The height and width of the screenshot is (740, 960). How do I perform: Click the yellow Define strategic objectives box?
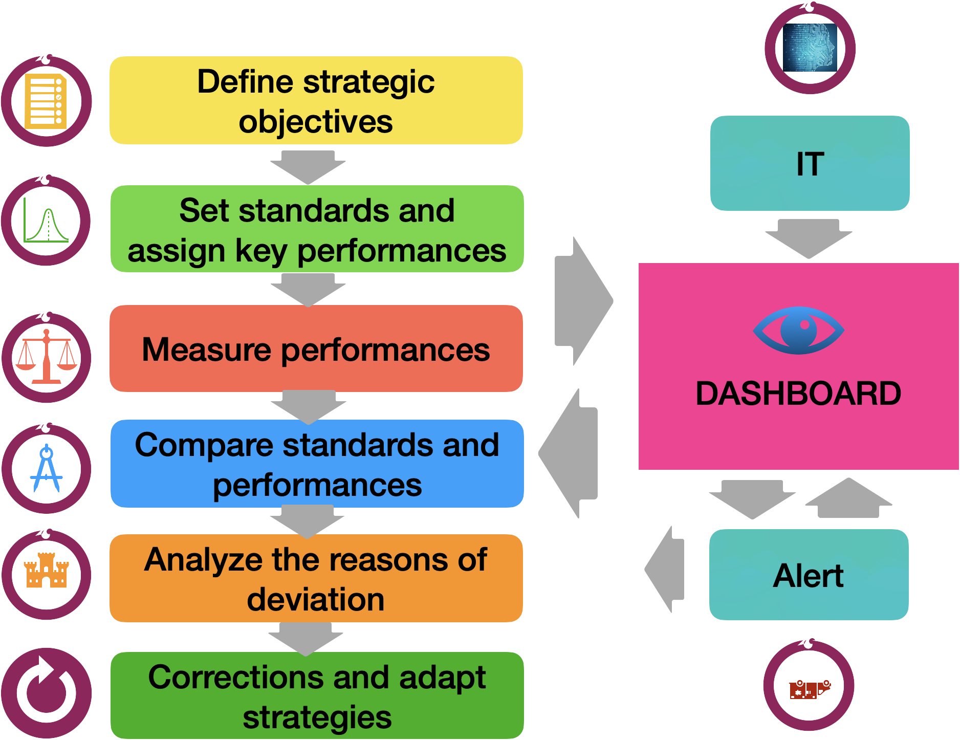[x=316, y=100]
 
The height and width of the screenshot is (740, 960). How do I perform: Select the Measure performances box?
[x=316, y=349]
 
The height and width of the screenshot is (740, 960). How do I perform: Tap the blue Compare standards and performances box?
[x=317, y=464]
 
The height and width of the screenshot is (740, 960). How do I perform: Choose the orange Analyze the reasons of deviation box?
[x=316, y=578]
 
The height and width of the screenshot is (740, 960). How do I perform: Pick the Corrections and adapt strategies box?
[x=317, y=695]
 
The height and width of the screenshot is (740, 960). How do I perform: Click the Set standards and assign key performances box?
[x=317, y=229]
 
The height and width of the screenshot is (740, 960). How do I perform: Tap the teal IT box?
[x=810, y=163]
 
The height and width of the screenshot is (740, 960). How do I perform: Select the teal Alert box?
[x=809, y=575]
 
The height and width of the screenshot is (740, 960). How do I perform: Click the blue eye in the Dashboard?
[x=798, y=331]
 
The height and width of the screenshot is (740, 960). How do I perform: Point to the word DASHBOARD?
[x=798, y=393]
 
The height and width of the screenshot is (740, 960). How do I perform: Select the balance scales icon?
[x=47, y=357]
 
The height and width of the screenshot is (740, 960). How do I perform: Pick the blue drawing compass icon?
[x=47, y=468]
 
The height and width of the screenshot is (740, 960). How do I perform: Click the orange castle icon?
[x=47, y=570]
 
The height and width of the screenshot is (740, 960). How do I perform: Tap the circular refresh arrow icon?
[x=47, y=693]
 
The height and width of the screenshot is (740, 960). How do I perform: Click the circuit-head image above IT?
[x=810, y=48]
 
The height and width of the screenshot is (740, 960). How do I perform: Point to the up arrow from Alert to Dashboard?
[x=848, y=498]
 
